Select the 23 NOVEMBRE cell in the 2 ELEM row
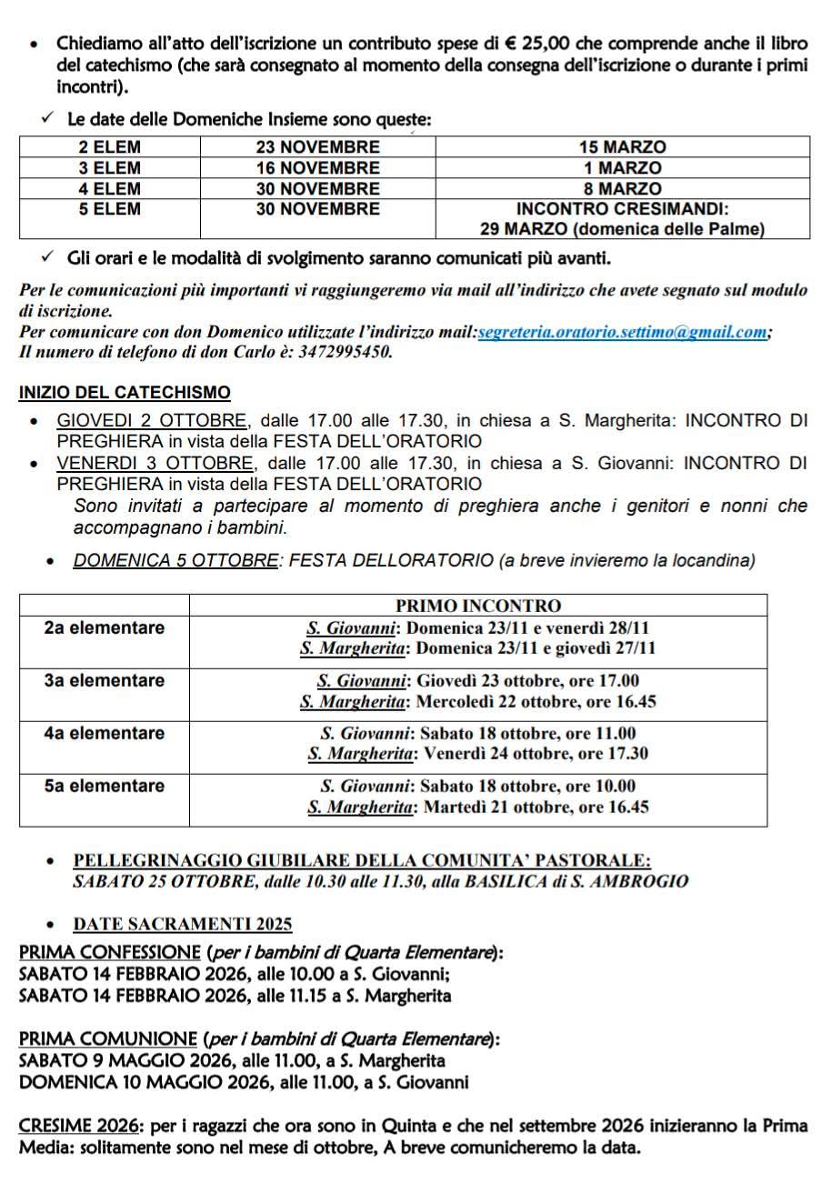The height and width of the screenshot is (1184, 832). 317,146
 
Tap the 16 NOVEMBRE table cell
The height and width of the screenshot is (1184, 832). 317,167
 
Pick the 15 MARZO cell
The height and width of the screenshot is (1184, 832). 622,146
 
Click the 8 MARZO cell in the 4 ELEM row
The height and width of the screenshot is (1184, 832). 622,188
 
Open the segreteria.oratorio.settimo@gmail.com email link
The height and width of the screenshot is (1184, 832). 622,332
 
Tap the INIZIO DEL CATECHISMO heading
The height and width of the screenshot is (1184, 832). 125,393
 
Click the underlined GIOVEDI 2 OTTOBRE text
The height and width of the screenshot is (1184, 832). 152,420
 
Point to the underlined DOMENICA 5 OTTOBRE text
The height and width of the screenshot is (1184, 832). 175,561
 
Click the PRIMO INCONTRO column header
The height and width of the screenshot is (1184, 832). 478,606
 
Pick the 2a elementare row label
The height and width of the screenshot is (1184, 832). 105,627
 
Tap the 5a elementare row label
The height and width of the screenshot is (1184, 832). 105,786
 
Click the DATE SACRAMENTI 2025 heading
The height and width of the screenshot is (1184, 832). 183,924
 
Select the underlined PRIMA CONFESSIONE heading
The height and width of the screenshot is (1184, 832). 109,953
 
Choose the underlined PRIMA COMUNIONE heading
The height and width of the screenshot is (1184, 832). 107,1039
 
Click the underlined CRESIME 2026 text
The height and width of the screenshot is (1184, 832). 77,1125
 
